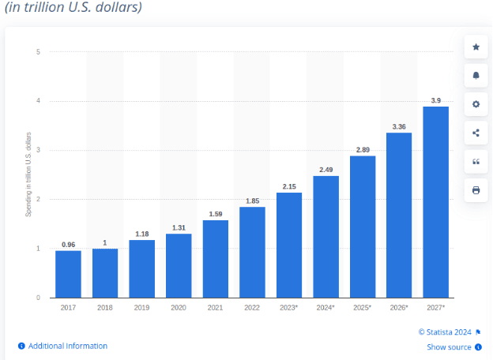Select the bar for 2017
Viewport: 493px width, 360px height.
[x=68, y=274]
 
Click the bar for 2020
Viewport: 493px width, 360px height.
[x=178, y=265]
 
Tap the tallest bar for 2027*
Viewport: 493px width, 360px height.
[x=435, y=202]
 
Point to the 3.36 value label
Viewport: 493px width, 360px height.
[x=398, y=126]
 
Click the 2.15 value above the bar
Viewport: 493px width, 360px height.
[x=288, y=186]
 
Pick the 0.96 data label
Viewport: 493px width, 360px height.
[x=68, y=244]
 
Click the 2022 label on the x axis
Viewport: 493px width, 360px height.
[x=251, y=306]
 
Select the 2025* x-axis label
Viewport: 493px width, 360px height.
[x=362, y=306]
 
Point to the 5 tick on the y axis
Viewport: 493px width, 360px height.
[x=38, y=52]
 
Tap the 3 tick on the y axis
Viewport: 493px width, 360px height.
[x=38, y=150]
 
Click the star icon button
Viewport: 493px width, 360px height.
[x=476, y=47]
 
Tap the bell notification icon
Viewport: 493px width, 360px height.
[x=476, y=76]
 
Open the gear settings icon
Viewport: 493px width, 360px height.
[x=476, y=104]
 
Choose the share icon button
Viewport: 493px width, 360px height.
[x=476, y=133]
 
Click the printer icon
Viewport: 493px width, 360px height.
[x=476, y=190]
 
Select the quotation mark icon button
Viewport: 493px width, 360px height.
[x=476, y=161]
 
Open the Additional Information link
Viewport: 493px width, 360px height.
[x=67, y=346]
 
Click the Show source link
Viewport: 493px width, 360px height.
[x=449, y=347]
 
